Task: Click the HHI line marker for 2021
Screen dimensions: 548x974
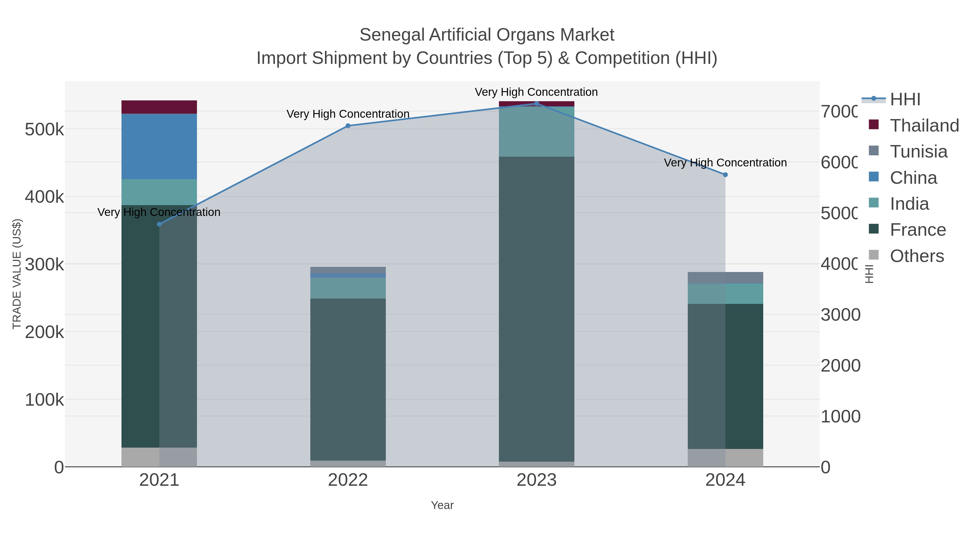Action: [x=159, y=224]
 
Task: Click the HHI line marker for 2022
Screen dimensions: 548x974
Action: [x=348, y=126]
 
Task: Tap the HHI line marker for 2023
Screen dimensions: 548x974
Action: [x=537, y=104]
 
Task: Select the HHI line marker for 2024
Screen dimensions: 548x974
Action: [x=725, y=175]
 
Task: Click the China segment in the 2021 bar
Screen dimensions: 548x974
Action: [x=159, y=146]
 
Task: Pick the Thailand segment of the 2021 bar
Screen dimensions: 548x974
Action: [x=159, y=107]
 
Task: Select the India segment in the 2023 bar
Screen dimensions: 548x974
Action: [x=537, y=132]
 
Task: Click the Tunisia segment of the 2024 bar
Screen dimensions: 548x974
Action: [x=725, y=278]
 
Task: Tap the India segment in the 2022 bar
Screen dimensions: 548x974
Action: [x=348, y=288]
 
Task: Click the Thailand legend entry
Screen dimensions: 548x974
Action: [x=924, y=126]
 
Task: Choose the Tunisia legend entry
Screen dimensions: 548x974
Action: [x=919, y=152]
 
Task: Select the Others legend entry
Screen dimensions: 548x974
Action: [x=917, y=256]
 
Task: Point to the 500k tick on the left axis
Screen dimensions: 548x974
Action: [x=44, y=130]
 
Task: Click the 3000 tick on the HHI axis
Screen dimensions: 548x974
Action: [x=840, y=315]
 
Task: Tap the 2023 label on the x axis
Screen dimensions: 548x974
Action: [x=537, y=480]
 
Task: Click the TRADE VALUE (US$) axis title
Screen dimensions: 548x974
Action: [x=17, y=274]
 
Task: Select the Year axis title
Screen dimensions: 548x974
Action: [x=442, y=505]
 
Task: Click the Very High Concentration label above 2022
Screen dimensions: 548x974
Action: [x=348, y=114]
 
